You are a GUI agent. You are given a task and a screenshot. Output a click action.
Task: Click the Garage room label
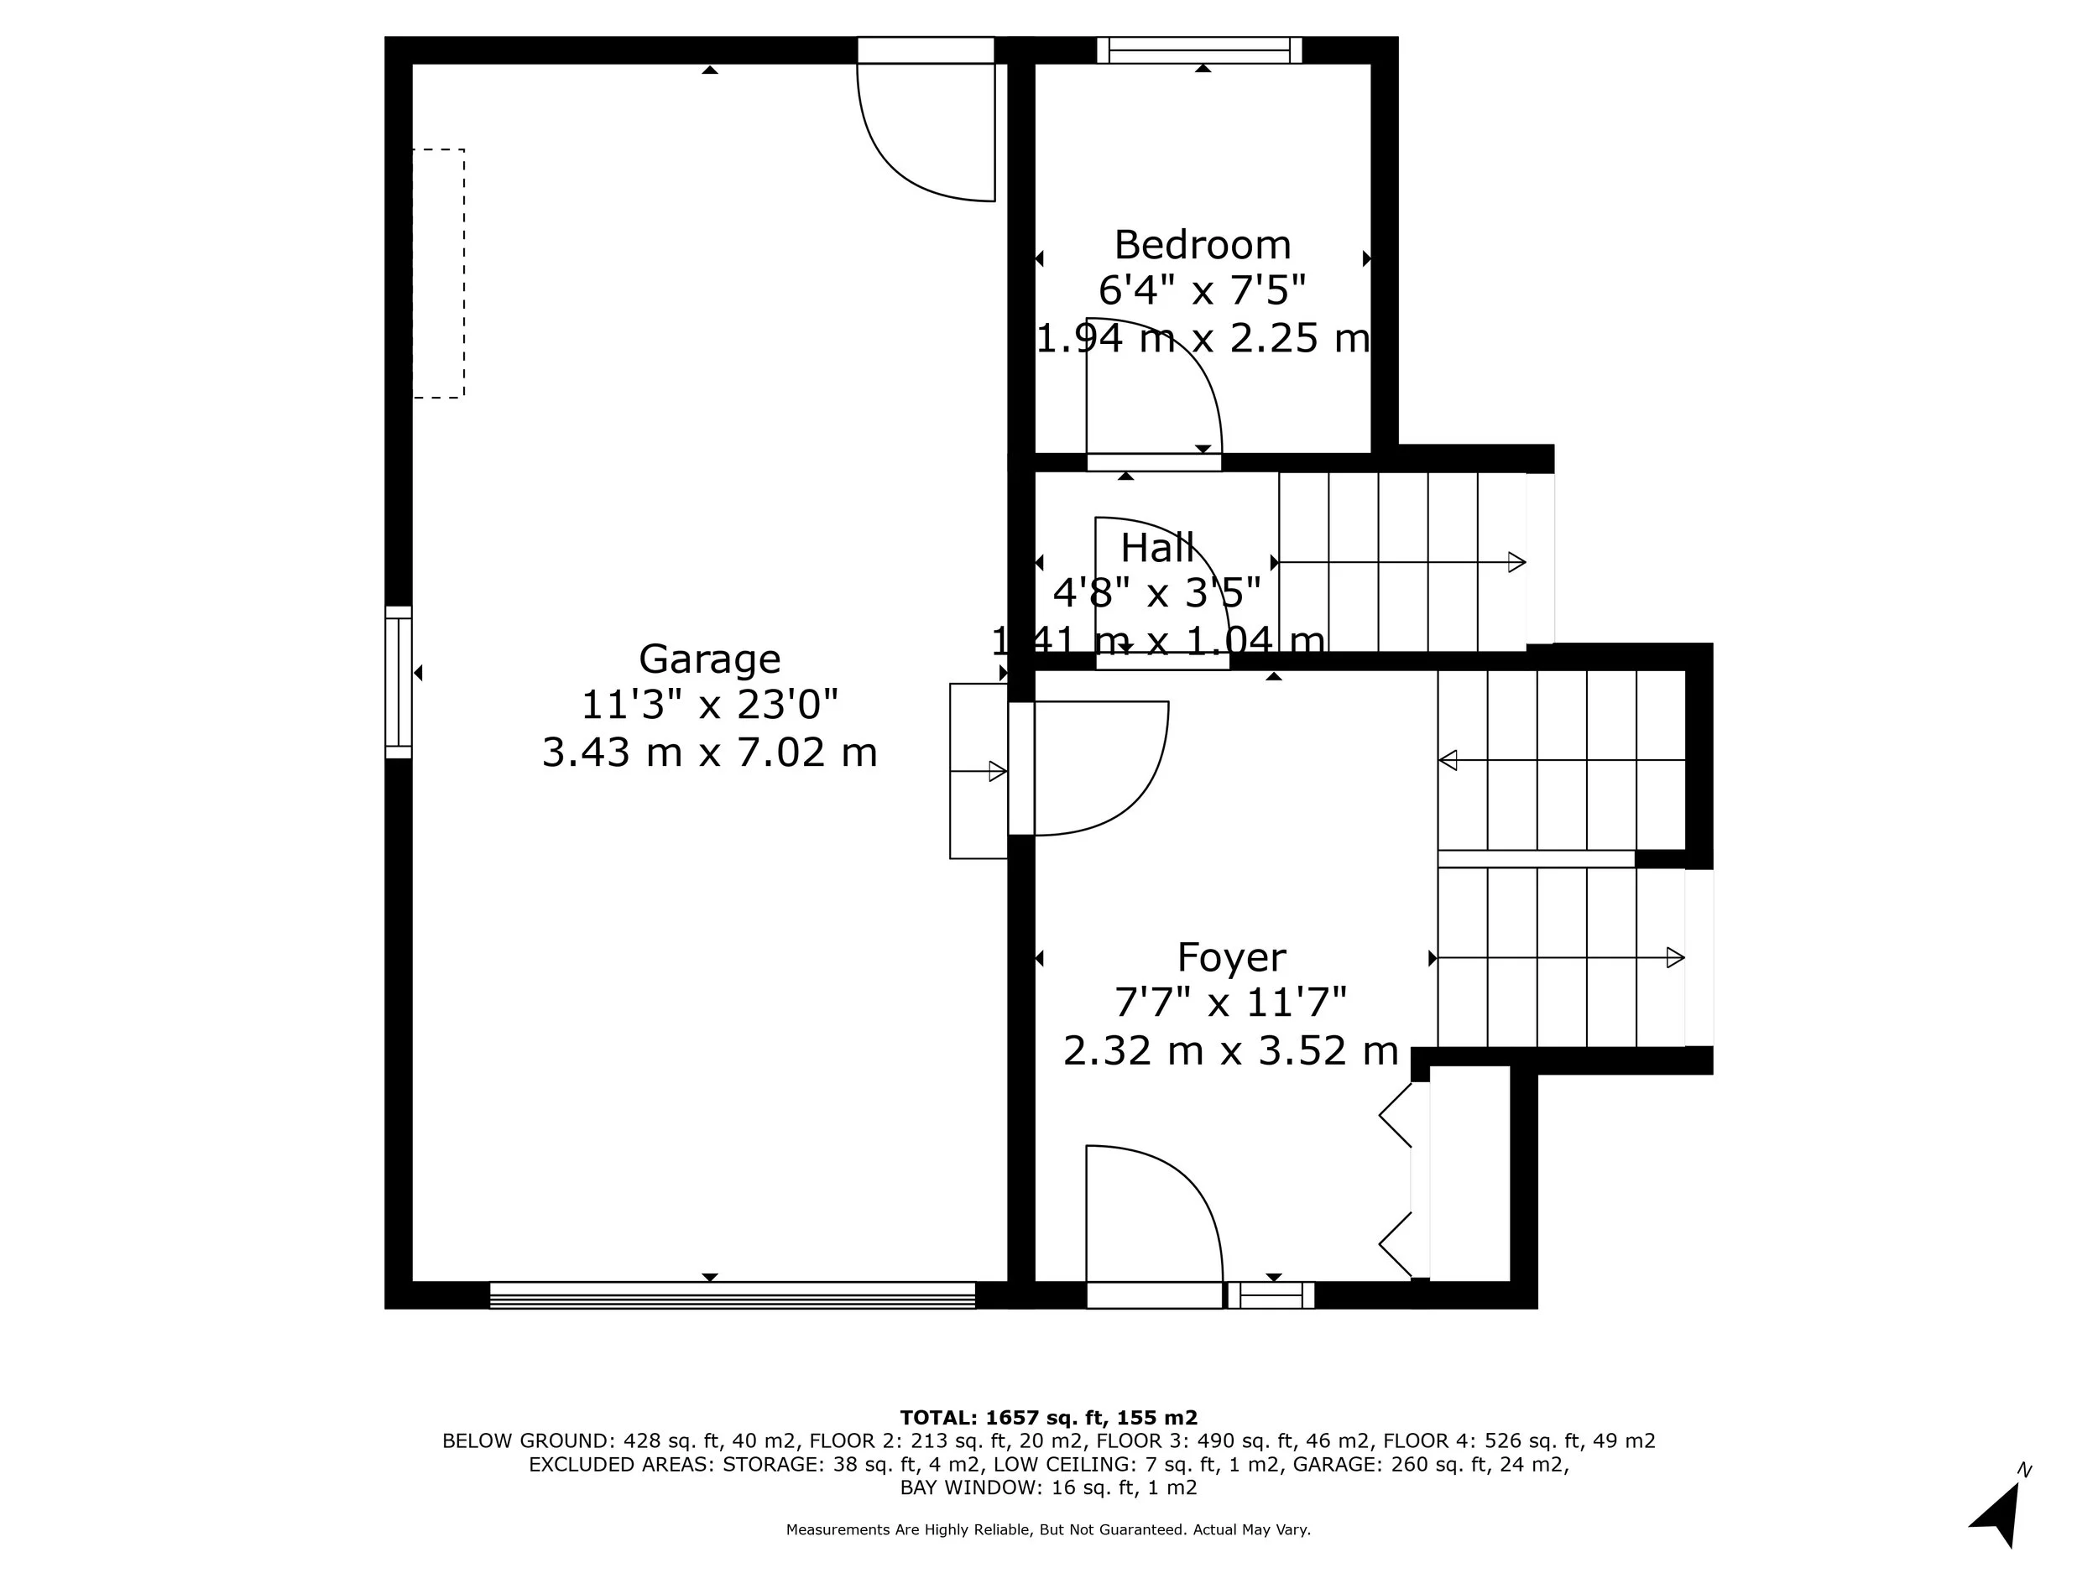(x=709, y=659)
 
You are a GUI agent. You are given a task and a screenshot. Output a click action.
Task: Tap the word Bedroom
(x=1202, y=246)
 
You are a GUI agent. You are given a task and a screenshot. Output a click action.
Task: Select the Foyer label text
(x=1231, y=958)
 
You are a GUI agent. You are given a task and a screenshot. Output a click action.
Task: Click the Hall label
(x=1157, y=548)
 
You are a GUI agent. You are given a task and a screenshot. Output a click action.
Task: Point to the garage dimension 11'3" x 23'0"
(x=709, y=706)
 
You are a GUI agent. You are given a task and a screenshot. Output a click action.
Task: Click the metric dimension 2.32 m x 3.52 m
(x=1230, y=1050)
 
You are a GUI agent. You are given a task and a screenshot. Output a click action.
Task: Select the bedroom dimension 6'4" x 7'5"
(x=1202, y=290)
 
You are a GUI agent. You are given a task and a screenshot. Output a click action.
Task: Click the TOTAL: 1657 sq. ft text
(x=1004, y=1418)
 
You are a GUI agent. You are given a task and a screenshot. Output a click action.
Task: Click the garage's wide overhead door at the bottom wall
(x=733, y=1295)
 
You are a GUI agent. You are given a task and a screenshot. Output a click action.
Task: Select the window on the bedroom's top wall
(x=1200, y=50)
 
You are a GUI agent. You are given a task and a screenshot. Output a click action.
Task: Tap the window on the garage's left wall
(x=399, y=682)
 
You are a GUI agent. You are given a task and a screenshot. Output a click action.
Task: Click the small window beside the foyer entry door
(x=1271, y=1295)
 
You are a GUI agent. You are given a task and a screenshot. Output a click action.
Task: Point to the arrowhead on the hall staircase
(x=1516, y=562)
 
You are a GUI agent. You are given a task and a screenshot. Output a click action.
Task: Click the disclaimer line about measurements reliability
(x=1048, y=1529)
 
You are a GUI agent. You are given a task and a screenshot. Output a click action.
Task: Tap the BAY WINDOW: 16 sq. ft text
(x=1017, y=1487)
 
